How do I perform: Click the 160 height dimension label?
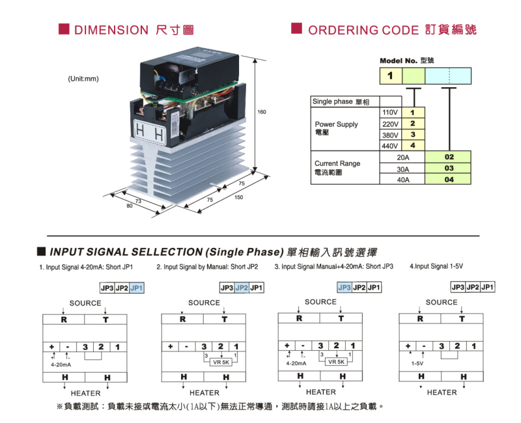tap(261, 113)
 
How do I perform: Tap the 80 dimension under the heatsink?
tap(129, 206)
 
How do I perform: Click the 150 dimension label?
tap(238, 197)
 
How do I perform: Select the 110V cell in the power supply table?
tap(389, 113)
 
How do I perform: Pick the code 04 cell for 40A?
tap(449, 180)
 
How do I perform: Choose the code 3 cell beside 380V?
tap(412, 135)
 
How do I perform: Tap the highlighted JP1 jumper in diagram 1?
tap(136, 288)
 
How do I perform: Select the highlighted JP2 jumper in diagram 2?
tap(241, 288)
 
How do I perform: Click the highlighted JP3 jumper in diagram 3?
tap(344, 287)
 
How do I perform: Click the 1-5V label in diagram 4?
tap(417, 364)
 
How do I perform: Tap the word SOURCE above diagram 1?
tap(85, 303)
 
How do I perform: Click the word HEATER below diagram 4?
tap(442, 392)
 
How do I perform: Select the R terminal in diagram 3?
tap(299, 318)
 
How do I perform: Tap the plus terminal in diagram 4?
tap(408, 346)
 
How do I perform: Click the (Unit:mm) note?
tap(83, 79)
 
